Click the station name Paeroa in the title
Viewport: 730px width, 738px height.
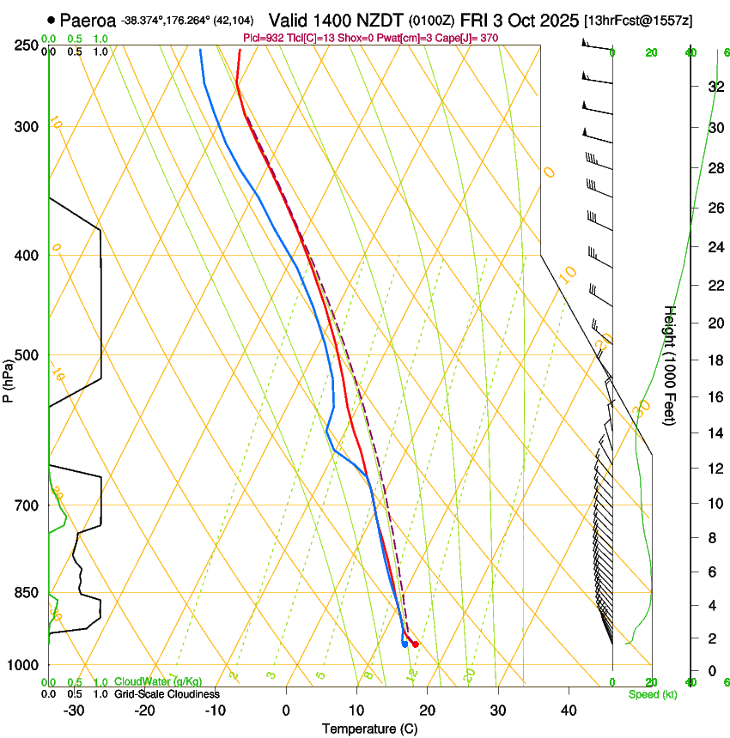[88, 19]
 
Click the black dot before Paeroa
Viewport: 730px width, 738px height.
[52, 19]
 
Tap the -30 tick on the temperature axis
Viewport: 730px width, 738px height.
[74, 711]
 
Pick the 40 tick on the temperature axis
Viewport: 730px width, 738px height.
[569, 711]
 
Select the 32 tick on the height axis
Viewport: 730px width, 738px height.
[714, 87]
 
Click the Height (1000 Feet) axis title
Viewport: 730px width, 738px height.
[670, 366]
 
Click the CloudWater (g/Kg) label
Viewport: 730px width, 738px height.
[158, 682]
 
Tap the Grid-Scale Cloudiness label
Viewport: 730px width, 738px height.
[167, 693]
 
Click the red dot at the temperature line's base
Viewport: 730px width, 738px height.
[416, 644]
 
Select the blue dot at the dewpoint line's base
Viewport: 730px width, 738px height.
[405, 644]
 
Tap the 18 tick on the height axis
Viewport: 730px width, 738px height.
[714, 360]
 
